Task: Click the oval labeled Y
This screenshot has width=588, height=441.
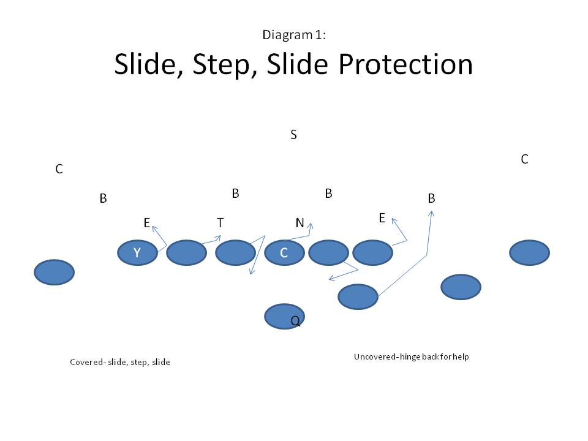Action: click(x=137, y=253)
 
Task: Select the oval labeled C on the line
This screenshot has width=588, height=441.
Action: click(x=284, y=253)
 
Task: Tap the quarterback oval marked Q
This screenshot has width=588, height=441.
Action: click(x=284, y=316)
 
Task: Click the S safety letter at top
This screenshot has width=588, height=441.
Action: click(x=293, y=135)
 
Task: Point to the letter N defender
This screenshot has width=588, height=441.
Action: click(x=300, y=223)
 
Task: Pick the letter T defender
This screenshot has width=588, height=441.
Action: click(x=220, y=223)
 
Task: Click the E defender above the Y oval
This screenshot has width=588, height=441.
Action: click(x=147, y=223)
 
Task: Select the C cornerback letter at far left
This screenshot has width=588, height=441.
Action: click(x=59, y=169)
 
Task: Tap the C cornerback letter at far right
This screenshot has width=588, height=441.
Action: click(x=524, y=159)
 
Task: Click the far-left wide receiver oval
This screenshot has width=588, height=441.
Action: click(x=54, y=273)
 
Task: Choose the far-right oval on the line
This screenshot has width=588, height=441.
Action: click(x=530, y=253)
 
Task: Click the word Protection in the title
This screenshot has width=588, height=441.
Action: click(x=404, y=64)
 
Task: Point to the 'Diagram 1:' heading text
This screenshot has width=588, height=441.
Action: click(x=293, y=35)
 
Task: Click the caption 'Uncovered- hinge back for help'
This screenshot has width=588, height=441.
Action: click(x=411, y=356)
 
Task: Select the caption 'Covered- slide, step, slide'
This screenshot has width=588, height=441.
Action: click(x=120, y=362)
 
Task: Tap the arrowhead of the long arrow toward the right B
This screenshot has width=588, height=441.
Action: click(x=431, y=213)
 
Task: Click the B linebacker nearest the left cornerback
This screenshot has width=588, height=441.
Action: click(x=103, y=198)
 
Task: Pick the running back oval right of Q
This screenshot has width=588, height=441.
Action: click(x=358, y=296)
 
